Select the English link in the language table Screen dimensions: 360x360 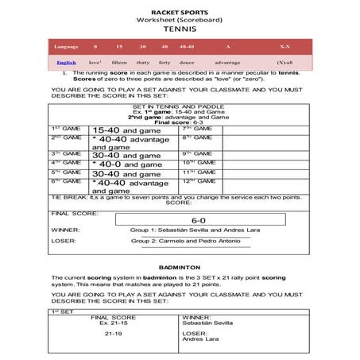coord(67,62)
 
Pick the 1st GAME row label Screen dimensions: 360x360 coord(65,128)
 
